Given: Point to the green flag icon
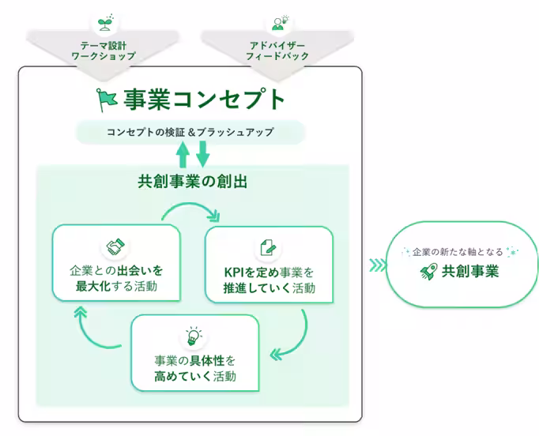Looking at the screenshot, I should point(106,100).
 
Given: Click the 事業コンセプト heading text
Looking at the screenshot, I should point(204,99).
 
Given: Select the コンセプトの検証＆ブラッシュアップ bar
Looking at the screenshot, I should point(190,132).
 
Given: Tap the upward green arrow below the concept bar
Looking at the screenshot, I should point(183,153).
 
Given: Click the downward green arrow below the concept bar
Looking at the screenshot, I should point(202,153).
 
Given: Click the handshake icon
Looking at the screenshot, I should point(116,247).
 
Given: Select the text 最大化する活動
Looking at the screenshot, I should point(116,286).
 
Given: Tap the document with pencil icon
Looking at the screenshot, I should point(268,248).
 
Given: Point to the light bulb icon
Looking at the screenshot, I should point(194,335).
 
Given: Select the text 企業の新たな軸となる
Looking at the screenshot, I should point(458,251).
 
